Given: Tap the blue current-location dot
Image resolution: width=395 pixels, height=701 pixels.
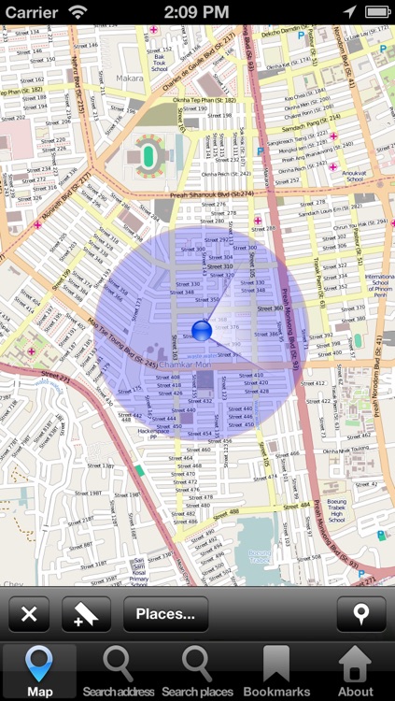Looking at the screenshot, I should pos(201,330).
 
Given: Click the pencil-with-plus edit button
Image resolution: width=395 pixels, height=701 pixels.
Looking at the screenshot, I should pos(86,614).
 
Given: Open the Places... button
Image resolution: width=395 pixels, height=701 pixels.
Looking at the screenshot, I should pos(165,614).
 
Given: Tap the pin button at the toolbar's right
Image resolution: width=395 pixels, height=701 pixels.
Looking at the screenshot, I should pos(361,614).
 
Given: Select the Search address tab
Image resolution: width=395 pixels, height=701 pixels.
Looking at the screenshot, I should pos(118,672).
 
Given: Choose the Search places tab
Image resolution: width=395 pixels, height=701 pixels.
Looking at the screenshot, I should pos(197,672).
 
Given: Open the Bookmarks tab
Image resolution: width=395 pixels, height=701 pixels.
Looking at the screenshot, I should pos(276,672).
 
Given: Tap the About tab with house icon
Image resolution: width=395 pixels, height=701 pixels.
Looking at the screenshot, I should pos(355,672).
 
